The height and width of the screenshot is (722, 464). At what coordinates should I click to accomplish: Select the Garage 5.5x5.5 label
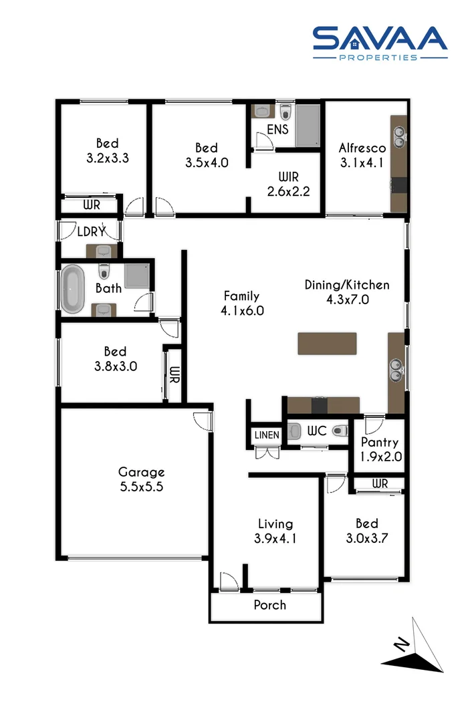pyautogui.click(x=141, y=479)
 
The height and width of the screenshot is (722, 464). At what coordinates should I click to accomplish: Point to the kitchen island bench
pyautogui.click(x=328, y=343)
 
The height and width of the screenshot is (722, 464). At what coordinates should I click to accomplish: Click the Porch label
pyautogui.click(x=269, y=605)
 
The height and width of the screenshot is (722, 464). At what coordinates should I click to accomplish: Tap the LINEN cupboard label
pyautogui.click(x=266, y=435)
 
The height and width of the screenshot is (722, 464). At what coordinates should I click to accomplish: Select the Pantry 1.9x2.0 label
pyautogui.click(x=379, y=448)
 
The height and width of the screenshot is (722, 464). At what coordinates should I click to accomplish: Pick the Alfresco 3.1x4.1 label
pyautogui.click(x=361, y=155)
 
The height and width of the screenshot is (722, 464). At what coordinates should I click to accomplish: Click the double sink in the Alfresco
pyautogui.click(x=399, y=138)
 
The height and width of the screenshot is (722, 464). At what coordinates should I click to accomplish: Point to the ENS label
pyautogui.click(x=277, y=129)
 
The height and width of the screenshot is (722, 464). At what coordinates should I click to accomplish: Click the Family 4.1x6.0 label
pyautogui.click(x=241, y=303)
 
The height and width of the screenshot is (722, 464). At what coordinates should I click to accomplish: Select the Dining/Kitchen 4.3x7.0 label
pyautogui.click(x=346, y=292)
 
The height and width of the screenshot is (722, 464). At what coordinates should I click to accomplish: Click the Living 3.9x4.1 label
pyautogui.click(x=275, y=530)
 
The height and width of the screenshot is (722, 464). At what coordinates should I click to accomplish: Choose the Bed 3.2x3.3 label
pyautogui.click(x=107, y=151)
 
